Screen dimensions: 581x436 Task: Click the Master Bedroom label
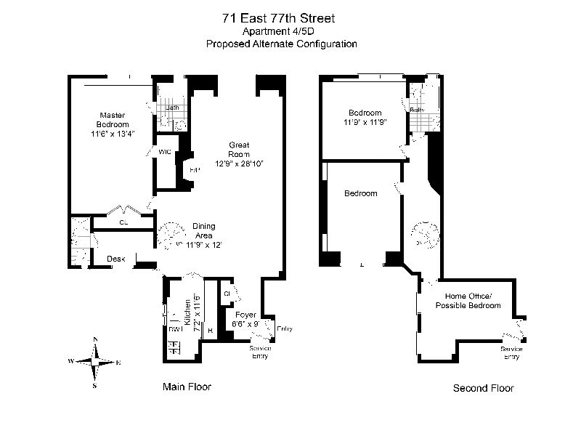(113, 120)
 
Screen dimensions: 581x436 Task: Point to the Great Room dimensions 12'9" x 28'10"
(239, 163)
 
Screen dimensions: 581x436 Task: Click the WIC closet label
(165, 152)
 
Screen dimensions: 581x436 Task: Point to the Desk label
(116, 259)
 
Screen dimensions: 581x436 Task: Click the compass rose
(95, 361)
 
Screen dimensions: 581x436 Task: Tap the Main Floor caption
(187, 387)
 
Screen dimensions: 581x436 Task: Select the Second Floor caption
(483, 388)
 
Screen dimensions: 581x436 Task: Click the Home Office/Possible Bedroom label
(468, 300)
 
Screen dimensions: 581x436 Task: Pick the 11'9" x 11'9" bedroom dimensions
(365, 122)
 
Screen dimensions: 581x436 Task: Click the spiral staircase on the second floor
(425, 234)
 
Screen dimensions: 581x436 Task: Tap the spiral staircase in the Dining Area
(173, 236)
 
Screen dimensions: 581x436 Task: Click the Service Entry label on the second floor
(511, 352)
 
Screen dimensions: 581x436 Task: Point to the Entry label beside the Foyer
(285, 328)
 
